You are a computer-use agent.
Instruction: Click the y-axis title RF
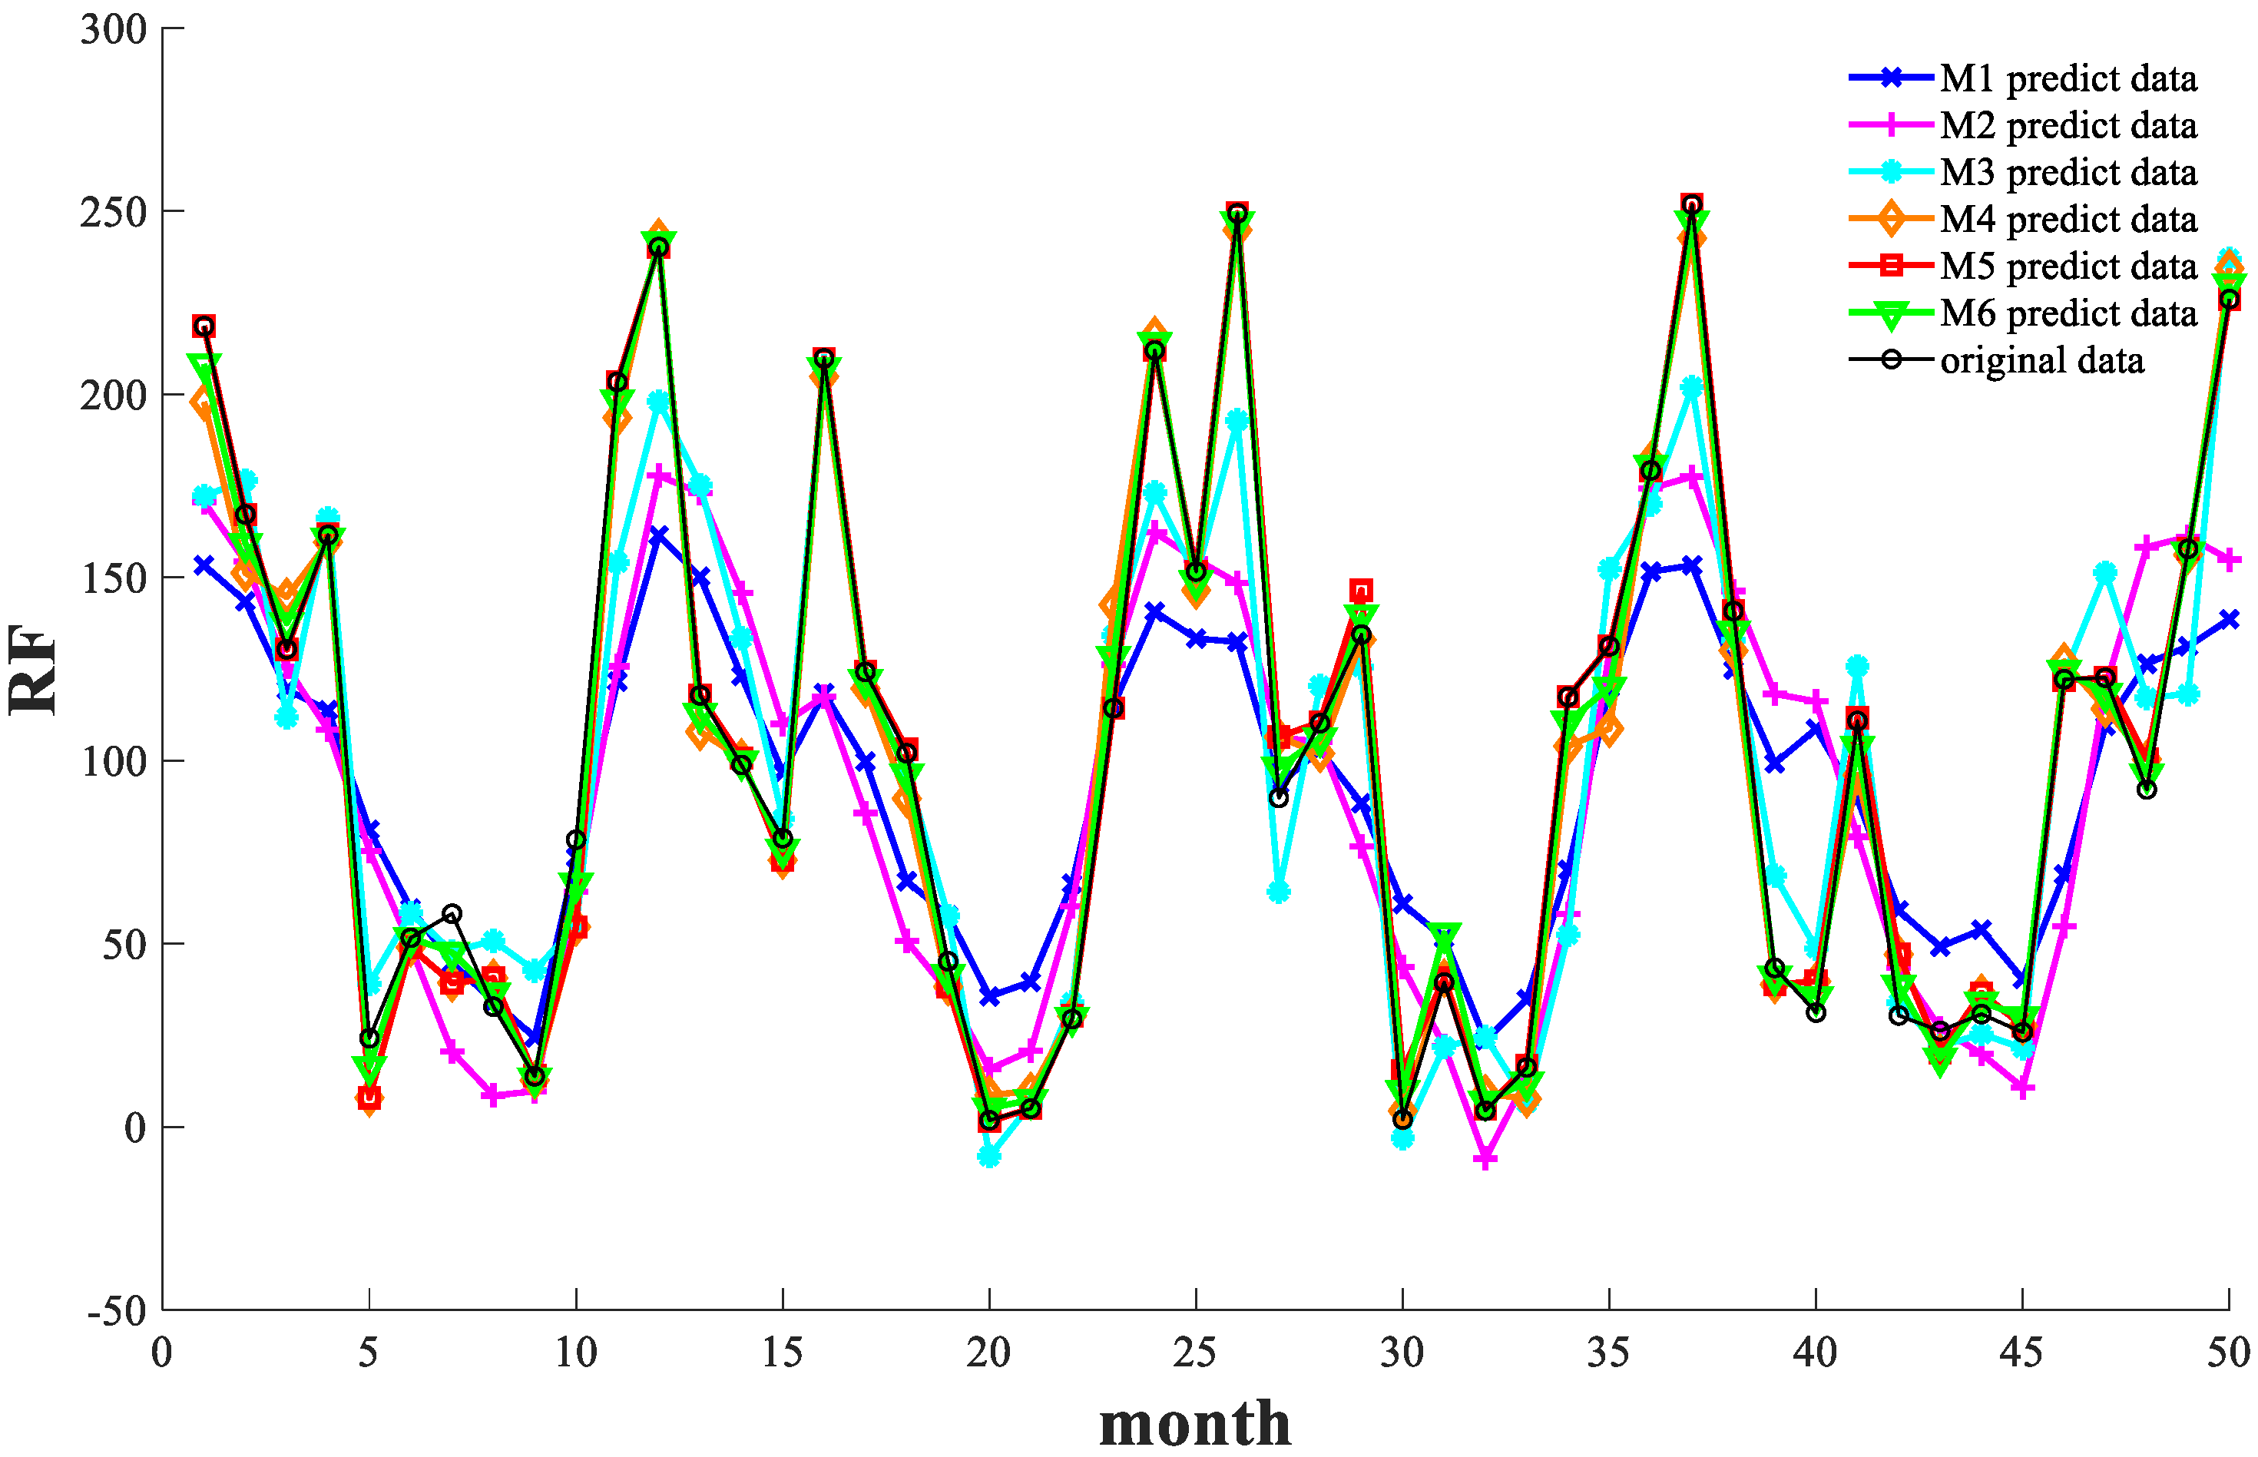(33, 669)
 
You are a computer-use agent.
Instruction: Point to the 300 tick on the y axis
(114, 29)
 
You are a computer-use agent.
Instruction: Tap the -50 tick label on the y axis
(116, 1311)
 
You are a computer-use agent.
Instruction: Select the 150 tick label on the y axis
(114, 578)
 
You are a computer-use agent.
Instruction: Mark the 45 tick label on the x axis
(2021, 1353)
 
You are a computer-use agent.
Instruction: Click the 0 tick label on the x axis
(162, 1353)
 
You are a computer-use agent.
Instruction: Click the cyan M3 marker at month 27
(1278, 891)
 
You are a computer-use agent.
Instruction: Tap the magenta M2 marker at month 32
(1485, 1158)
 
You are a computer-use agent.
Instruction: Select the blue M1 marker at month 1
(204, 565)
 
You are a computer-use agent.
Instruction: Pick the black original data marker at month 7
(452, 914)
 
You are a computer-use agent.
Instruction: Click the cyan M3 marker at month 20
(989, 1156)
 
